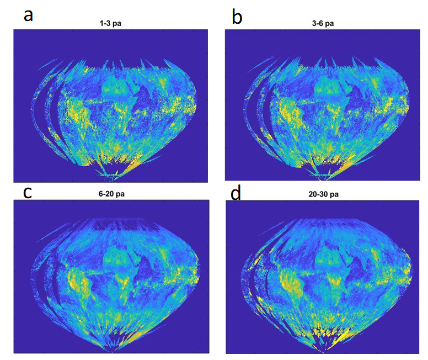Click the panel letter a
coord(28,15)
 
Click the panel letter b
coord(237,17)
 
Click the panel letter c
coord(28,193)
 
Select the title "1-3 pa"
coord(110,24)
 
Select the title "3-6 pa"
coord(323,24)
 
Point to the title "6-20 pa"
coord(111,194)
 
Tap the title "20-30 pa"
coord(324,194)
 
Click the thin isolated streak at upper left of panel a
coord(46,65)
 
